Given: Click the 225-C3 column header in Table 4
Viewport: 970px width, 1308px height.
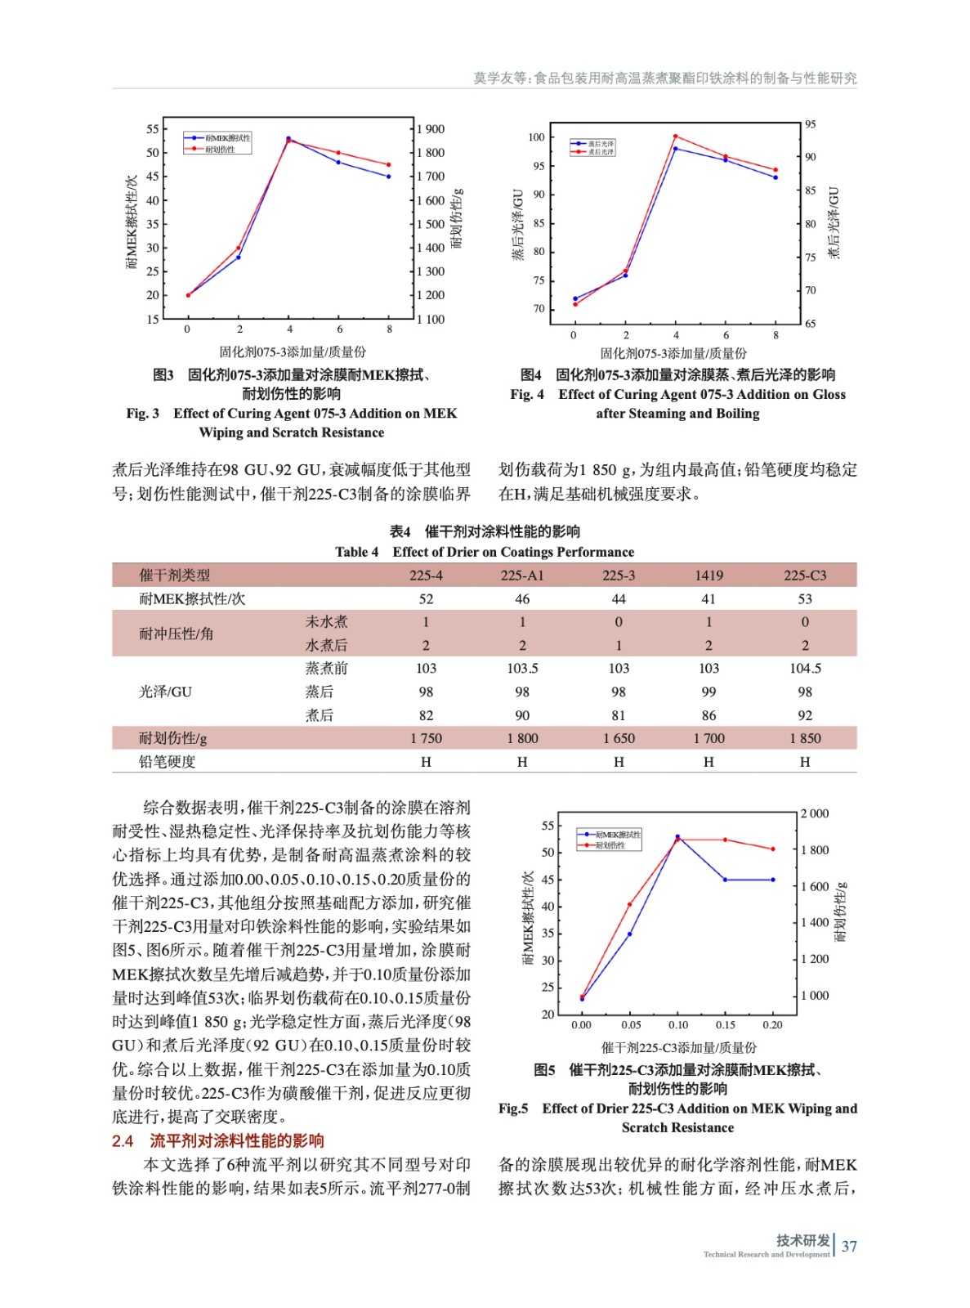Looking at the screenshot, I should [804, 576].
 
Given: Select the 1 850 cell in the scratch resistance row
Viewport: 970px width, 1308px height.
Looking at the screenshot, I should [804, 738].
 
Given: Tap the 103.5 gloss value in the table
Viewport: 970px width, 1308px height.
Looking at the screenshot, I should [522, 668].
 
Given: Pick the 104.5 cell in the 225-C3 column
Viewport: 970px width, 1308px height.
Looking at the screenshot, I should [804, 668].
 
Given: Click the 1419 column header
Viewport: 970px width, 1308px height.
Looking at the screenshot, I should [709, 576].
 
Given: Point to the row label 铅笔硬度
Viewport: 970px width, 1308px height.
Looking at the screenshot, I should [168, 762].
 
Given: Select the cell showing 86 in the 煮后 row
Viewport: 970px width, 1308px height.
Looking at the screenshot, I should [709, 715].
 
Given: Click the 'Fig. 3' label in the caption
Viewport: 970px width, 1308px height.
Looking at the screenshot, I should [143, 414].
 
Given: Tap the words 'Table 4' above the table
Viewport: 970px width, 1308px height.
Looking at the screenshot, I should [356, 552].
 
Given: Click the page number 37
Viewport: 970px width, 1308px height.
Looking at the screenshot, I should [849, 1247].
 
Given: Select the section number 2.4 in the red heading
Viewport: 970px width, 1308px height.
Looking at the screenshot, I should [123, 1141].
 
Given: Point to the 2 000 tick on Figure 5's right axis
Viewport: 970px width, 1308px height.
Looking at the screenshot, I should [814, 813].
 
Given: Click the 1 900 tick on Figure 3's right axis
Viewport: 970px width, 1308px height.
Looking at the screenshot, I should [431, 129].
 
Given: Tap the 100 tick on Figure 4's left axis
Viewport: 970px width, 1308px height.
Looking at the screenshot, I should [536, 137].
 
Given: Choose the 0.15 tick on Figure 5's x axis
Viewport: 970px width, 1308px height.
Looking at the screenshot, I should [726, 1025].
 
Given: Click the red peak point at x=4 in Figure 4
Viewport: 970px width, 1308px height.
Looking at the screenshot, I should [676, 137].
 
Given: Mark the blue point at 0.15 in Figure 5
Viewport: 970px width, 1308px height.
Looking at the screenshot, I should [726, 880].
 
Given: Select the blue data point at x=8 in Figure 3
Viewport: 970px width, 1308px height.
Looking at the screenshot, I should [389, 177].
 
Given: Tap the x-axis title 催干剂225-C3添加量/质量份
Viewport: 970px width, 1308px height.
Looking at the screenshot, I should [678, 1047].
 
